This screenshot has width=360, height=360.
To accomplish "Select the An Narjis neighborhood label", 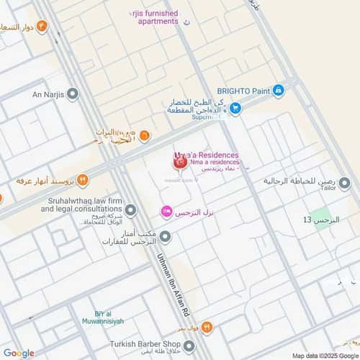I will [x=48, y=94].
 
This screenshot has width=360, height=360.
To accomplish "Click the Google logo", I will [x=18, y=353].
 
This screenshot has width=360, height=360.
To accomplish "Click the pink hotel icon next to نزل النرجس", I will [x=166, y=212].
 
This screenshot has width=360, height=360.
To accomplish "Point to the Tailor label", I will [x=328, y=189].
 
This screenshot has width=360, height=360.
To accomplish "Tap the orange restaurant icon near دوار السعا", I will [x=42, y=27].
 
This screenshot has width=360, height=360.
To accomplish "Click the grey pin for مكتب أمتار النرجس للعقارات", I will [x=166, y=237].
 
